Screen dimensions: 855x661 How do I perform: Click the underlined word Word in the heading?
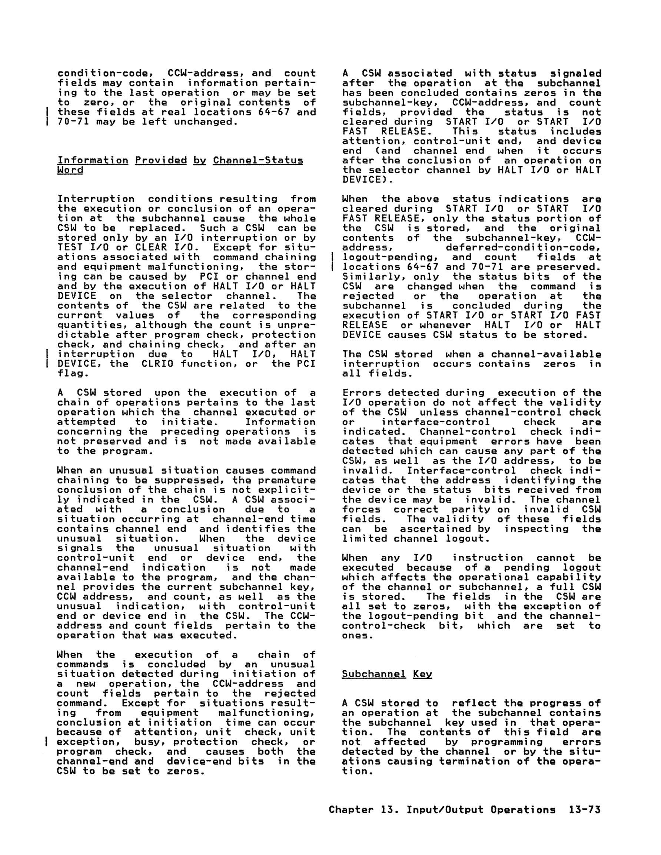tap(70, 170)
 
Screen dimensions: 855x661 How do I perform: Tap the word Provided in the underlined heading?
tap(161, 160)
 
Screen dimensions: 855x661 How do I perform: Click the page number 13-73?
tap(584, 809)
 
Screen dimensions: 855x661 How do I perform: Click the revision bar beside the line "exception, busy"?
tap(47, 742)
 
